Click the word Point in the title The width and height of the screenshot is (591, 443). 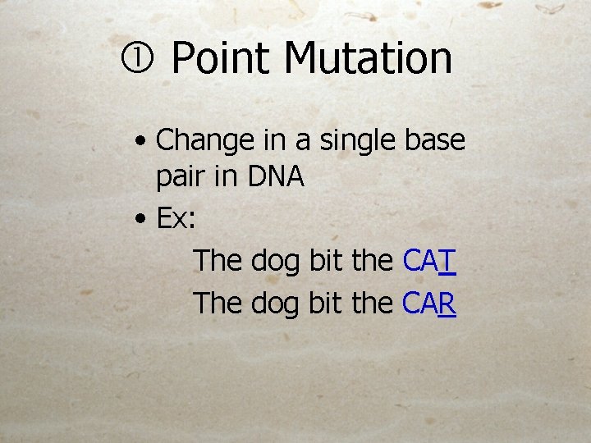[220, 59]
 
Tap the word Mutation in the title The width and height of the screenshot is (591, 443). [369, 59]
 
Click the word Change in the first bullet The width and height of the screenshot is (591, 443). [205, 141]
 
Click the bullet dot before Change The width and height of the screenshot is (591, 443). [143, 142]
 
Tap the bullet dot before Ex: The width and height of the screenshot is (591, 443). [143, 220]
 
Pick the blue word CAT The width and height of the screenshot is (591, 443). [429, 261]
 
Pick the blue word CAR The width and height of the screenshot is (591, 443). [429, 304]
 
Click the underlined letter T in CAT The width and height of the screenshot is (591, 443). [447, 261]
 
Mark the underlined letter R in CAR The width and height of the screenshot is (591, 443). [447, 304]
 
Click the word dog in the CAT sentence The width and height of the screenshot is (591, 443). [276, 262]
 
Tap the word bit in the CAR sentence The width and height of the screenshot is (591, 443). [326, 303]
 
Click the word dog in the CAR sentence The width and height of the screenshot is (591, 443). [276, 304]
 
